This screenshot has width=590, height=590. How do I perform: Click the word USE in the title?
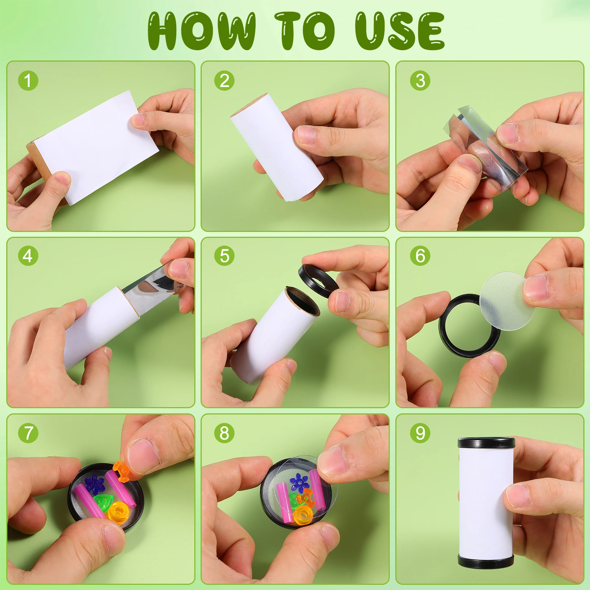pyautogui.click(x=400, y=31)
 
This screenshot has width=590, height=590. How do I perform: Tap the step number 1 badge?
pyautogui.click(x=28, y=80)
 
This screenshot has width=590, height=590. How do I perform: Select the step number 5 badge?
pyautogui.click(x=224, y=256)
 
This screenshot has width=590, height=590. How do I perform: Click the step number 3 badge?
pyautogui.click(x=420, y=80)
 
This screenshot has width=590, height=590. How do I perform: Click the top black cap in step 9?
pyautogui.click(x=486, y=442)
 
